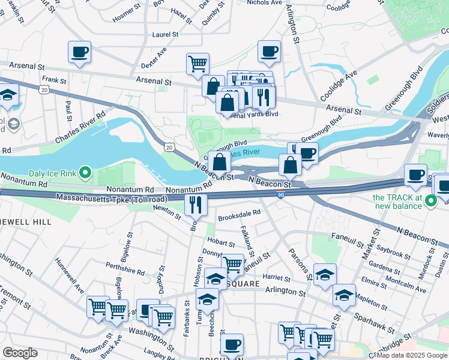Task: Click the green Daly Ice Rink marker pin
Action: pos(85,174)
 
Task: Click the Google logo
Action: pos(20,353)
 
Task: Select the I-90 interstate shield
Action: pos(282,194)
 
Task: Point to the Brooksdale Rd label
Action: pos(239,212)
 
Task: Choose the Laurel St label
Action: pos(166,35)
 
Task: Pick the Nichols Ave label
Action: pos(264,2)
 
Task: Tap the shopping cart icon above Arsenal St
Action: pos(197,62)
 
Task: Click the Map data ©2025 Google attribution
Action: pos(411,355)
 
